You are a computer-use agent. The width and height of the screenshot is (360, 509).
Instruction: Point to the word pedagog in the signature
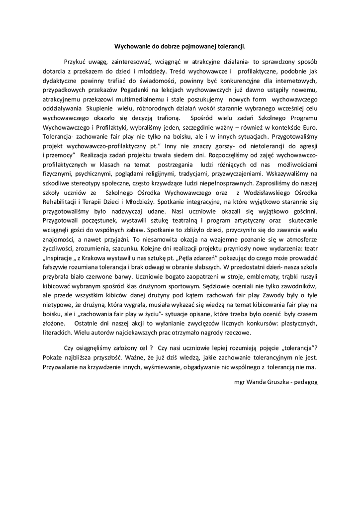(x=305, y=382)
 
